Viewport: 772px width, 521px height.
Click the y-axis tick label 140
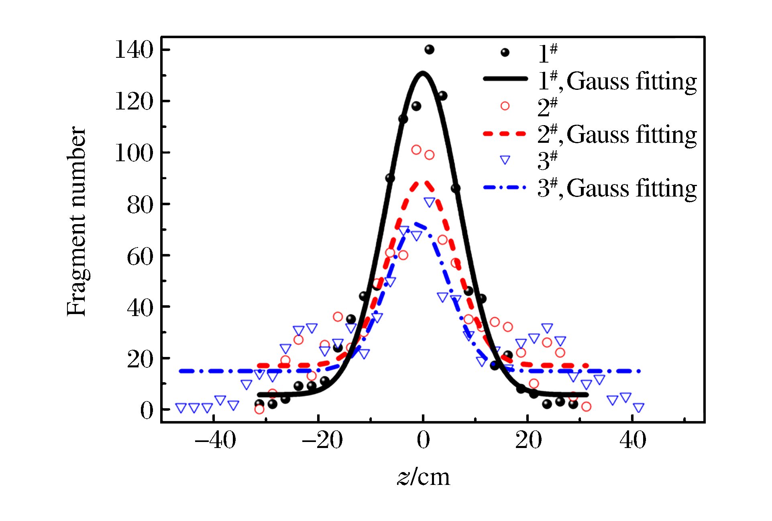pos(134,50)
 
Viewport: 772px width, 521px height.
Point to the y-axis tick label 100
pos(134,153)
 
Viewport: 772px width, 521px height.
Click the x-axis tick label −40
pos(215,440)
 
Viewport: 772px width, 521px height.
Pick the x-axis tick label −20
pos(322,440)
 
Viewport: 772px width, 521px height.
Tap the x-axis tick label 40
pos(633,440)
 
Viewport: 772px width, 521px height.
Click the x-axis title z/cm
pos(424,477)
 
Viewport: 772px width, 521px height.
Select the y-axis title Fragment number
pos(76,221)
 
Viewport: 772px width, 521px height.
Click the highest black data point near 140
pos(429,50)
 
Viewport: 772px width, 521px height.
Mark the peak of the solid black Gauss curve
pos(423,73)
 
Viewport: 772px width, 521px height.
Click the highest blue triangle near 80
pos(429,202)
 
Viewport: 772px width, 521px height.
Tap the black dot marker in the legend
pos(505,53)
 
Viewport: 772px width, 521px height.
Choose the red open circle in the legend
pos(505,106)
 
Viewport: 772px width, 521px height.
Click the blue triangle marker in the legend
pos(505,160)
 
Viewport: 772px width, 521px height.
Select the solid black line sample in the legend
pos(505,79)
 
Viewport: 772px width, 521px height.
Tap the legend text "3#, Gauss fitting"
pos(617,188)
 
